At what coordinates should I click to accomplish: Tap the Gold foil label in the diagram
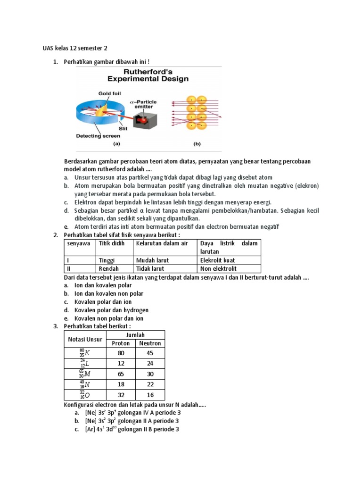point(109,93)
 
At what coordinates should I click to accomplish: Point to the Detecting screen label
point(98,136)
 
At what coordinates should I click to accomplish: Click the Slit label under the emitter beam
point(123,128)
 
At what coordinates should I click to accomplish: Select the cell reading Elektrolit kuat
point(217,260)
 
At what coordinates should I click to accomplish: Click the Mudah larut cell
point(152,260)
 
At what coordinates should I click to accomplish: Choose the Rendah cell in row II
point(109,268)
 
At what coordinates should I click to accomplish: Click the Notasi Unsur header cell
point(85,339)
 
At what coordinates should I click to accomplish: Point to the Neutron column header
point(150,343)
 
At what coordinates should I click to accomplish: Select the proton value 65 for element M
point(121,374)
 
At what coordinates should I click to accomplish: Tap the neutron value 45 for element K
point(150,353)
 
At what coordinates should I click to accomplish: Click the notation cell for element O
point(85,394)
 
